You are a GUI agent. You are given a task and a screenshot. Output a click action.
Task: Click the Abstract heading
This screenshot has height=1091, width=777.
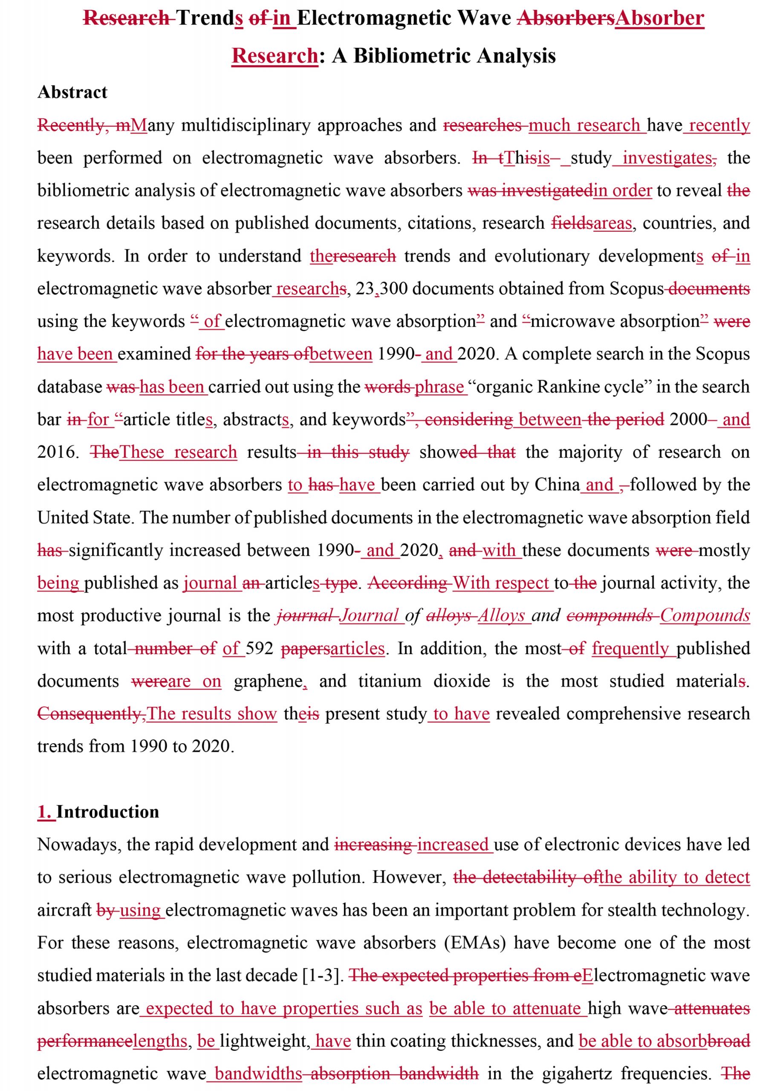click(x=72, y=92)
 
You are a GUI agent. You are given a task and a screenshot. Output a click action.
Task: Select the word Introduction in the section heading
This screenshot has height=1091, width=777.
click(x=108, y=812)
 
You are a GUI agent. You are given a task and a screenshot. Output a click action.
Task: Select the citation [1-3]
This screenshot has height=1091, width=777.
click(x=323, y=975)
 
